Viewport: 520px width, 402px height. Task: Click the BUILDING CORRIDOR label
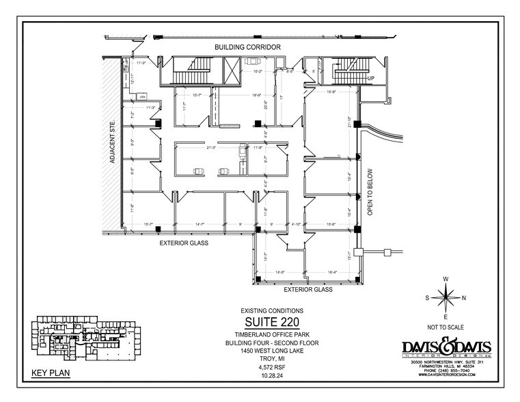click(x=248, y=46)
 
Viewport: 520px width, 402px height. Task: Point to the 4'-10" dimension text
click(x=296, y=224)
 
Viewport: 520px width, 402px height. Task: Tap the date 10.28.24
click(x=272, y=375)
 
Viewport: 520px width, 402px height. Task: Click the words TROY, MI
click(x=272, y=357)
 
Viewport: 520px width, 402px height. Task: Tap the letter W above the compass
click(x=446, y=279)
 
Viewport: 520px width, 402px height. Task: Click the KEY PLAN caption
click(x=49, y=373)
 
